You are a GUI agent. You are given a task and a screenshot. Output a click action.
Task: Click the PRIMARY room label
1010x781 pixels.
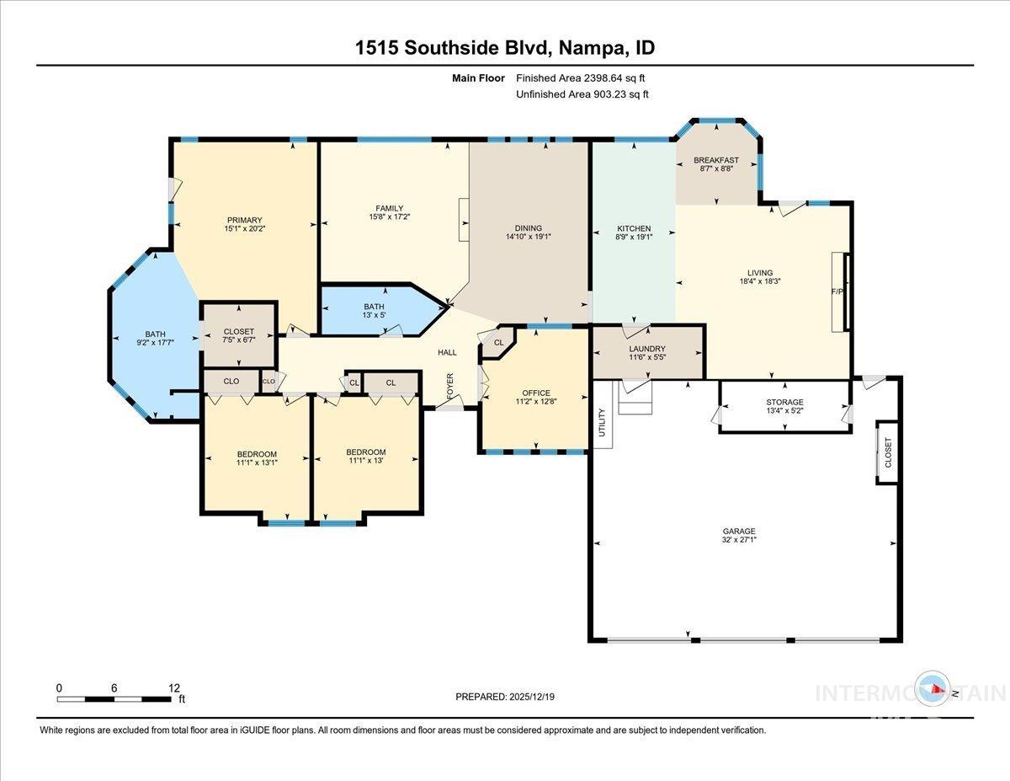(x=244, y=221)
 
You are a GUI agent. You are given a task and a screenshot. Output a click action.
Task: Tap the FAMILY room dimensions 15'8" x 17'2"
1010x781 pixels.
(x=390, y=218)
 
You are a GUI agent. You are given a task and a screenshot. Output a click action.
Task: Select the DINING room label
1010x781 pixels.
(x=529, y=228)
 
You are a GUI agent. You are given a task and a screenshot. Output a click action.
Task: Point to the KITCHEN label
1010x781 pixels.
(x=634, y=228)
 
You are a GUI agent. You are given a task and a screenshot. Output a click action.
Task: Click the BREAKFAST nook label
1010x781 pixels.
(x=716, y=160)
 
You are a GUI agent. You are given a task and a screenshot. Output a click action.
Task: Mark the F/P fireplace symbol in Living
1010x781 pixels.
(x=837, y=292)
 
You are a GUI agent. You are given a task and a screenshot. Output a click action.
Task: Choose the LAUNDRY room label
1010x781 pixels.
(x=647, y=349)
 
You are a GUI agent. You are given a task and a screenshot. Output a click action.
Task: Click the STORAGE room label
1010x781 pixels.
(x=784, y=402)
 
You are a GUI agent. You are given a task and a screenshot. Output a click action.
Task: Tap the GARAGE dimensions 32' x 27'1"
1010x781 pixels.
(x=739, y=541)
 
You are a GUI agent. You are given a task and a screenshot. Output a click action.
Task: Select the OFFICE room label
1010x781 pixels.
(x=536, y=393)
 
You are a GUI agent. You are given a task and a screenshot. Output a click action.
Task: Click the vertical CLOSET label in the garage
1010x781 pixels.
(x=888, y=452)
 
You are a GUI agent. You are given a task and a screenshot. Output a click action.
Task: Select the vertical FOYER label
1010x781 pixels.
(x=450, y=388)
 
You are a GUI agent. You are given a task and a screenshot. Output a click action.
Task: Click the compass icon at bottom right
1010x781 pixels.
(x=935, y=689)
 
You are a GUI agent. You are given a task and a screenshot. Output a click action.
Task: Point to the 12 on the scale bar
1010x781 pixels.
(x=173, y=687)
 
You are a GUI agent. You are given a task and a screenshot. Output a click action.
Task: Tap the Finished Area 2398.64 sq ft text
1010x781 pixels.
(x=580, y=78)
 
